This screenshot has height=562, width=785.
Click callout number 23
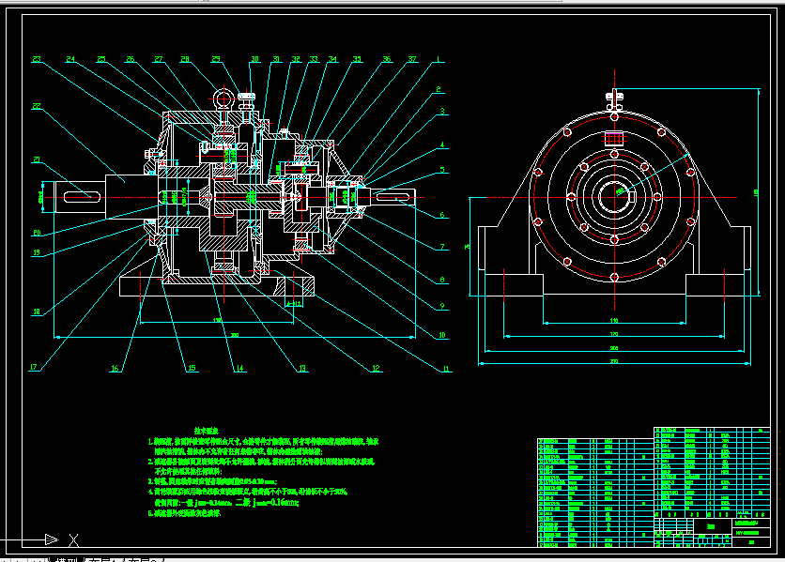tap(37, 59)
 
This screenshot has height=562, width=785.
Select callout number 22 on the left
tap(37, 106)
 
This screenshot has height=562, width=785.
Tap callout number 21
tap(37, 159)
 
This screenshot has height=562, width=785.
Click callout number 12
tap(377, 369)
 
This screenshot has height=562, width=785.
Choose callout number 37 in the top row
tap(413, 59)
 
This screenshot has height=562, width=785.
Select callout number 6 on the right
tap(439, 215)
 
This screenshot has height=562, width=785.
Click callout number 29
tap(216, 59)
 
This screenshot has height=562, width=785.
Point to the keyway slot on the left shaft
tap(82, 195)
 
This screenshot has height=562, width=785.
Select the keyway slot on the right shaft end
tap(394, 195)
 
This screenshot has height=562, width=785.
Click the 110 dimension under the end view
tap(614, 321)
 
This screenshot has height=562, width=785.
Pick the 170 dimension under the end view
tap(614, 333)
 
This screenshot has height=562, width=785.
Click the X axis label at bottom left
tap(72, 539)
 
